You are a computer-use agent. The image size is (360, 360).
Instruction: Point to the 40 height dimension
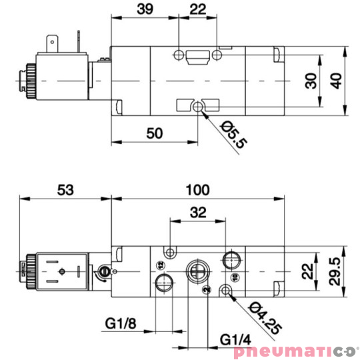point(337,81)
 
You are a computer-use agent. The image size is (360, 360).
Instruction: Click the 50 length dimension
point(154,133)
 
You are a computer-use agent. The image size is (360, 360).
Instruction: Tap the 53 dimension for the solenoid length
point(65,189)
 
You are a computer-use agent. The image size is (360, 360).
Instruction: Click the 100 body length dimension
point(197,189)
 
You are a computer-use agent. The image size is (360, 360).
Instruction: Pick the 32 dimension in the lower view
point(198,213)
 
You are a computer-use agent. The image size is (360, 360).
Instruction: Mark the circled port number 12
point(160,265)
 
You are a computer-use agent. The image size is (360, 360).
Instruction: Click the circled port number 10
point(234,275)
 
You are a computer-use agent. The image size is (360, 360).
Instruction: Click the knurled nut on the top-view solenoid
point(28,78)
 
